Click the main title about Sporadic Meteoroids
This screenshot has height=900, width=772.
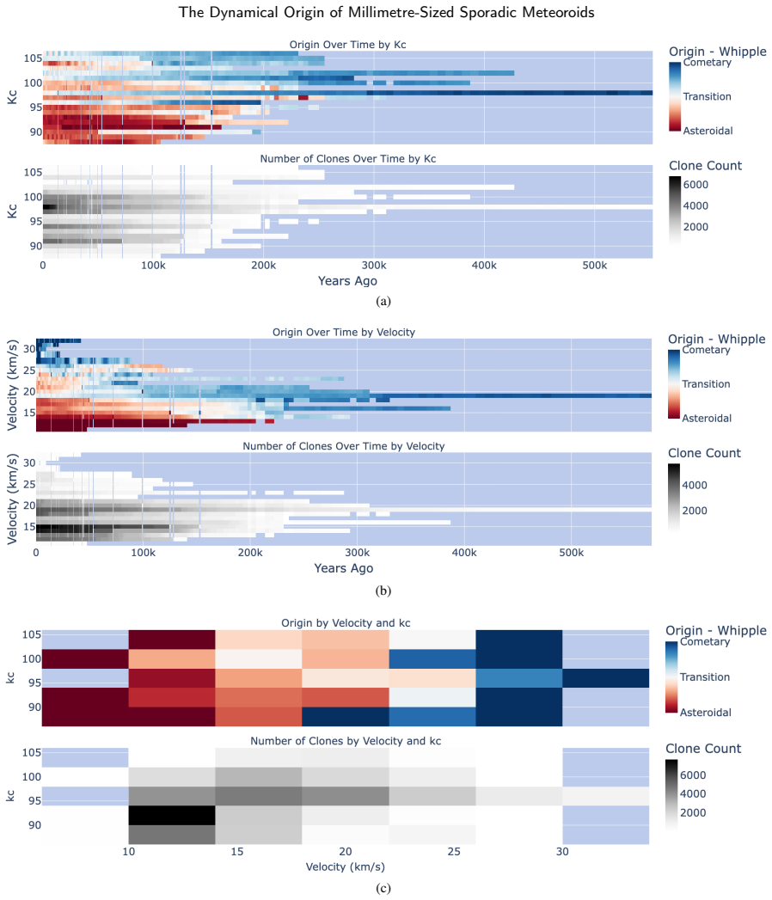(386, 12)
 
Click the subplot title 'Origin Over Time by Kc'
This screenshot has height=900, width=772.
(347, 45)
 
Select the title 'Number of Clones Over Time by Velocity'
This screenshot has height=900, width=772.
(343, 446)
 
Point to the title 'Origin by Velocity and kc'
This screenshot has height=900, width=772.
(346, 622)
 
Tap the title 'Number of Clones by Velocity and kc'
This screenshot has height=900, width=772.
(346, 741)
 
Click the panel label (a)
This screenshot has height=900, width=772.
(383, 301)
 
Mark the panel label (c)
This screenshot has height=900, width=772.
(383, 888)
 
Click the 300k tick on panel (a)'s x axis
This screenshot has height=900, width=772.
(374, 266)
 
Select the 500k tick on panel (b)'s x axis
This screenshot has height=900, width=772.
(571, 553)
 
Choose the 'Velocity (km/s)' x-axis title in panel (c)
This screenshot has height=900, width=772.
(346, 866)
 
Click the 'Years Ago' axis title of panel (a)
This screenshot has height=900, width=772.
(347, 281)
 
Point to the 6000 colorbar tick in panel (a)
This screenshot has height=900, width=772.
(695, 185)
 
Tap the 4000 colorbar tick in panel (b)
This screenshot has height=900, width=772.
(695, 485)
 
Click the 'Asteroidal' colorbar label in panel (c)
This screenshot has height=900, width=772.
(706, 713)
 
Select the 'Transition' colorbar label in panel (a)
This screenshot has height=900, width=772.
(708, 96)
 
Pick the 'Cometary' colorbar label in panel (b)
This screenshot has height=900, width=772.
(706, 350)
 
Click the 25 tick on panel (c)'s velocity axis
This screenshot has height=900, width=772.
(453, 851)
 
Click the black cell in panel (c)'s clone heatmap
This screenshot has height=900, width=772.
(172, 815)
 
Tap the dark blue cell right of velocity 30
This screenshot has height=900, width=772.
(605, 678)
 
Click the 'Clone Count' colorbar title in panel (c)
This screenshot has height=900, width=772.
(703, 749)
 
